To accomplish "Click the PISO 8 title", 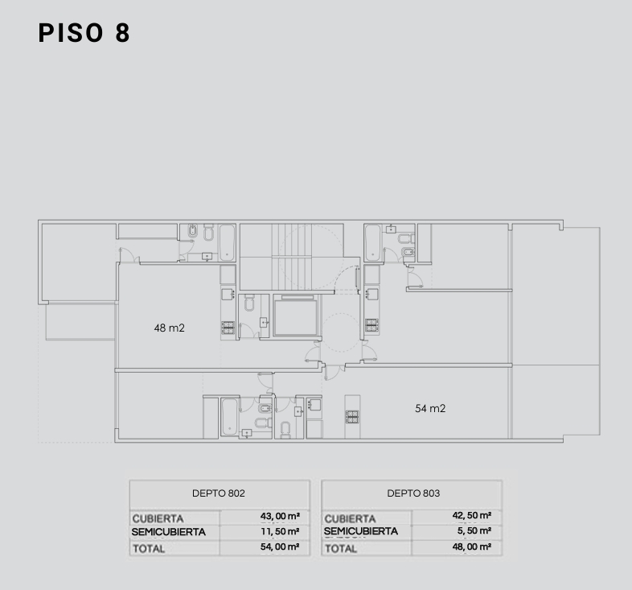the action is [x=84, y=33].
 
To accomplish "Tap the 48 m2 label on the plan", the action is [x=170, y=328].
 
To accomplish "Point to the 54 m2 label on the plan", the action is [x=430, y=408].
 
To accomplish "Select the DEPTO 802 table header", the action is [x=219, y=493].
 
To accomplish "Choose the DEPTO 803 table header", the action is [x=413, y=493].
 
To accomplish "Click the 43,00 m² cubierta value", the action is [x=280, y=516].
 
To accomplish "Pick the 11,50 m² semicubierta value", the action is [x=280, y=531].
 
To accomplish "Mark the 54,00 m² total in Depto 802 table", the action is [x=280, y=547].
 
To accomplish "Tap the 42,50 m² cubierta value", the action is [x=471, y=515].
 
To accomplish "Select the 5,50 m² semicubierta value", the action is [x=474, y=530].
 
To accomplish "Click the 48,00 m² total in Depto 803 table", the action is [x=471, y=547].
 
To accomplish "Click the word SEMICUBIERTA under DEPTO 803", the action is [x=361, y=531].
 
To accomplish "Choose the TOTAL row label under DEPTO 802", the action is [x=149, y=549].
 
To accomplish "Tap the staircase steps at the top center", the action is [x=292, y=257].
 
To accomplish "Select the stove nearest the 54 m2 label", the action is [x=352, y=417].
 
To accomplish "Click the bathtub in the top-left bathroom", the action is [x=228, y=243].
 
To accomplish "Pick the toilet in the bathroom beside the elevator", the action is [x=249, y=303].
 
